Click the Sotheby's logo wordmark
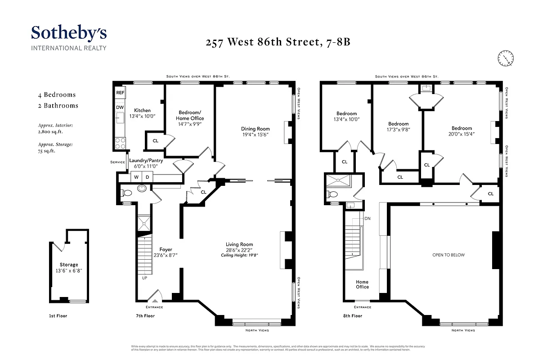pos(68,33)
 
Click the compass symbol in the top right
pos(506,58)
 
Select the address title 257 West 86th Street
pos(278,43)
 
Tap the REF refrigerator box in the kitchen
pos(120,93)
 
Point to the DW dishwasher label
pos(120,108)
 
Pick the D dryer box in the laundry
pos(147,177)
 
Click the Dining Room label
pos(255,129)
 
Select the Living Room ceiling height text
pos(239,255)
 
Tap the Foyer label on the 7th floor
pos(166,249)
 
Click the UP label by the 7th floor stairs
pos(145,278)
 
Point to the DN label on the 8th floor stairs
pos(368,219)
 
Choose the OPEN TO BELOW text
pos(448,255)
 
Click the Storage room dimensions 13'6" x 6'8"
pos(69,271)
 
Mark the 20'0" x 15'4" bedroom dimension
pos(462,134)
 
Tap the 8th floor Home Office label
pos(362,284)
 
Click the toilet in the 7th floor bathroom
pos(126,193)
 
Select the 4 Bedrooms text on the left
pos(57,94)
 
